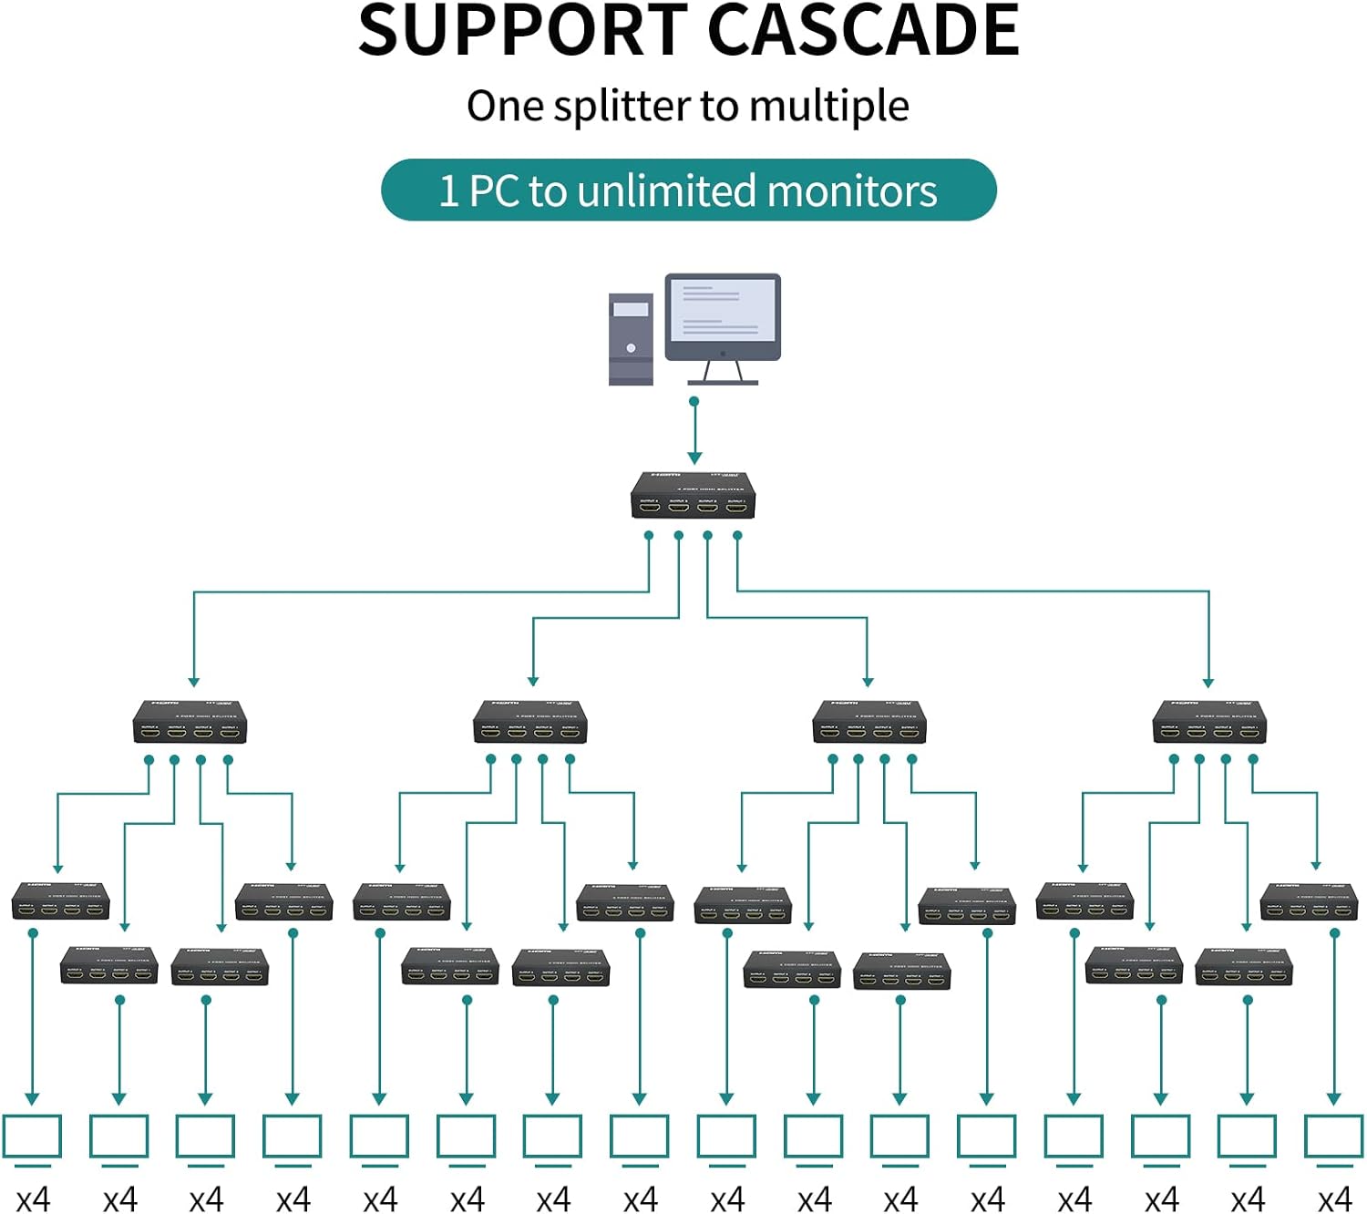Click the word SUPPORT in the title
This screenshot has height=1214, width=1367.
click(x=523, y=31)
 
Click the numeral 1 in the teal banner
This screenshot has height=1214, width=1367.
click(x=448, y=191)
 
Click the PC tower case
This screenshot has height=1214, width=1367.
click(x=631, y=339)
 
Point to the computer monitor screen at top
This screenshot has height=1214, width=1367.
click(x=722, y=312)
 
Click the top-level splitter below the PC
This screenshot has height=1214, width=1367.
click(x=693, y=496)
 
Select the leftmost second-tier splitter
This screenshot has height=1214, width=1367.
click(x=190, y=722)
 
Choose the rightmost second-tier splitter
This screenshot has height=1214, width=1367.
click(x=1209, y=722)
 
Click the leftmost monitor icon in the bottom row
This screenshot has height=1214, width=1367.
click(x=32, y=1137)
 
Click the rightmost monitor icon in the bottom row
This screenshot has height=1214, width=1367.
click(x=1334, y=1137)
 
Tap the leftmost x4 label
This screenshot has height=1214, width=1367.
click(x=33, y=1199)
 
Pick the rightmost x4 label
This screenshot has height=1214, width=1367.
click(x=1335, y=1199)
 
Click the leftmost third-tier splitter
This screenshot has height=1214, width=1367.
click(x=60, y=901)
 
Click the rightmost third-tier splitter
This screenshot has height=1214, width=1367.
click(x=1309, y=901)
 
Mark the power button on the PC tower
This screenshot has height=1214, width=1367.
click(x=631, y=348)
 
